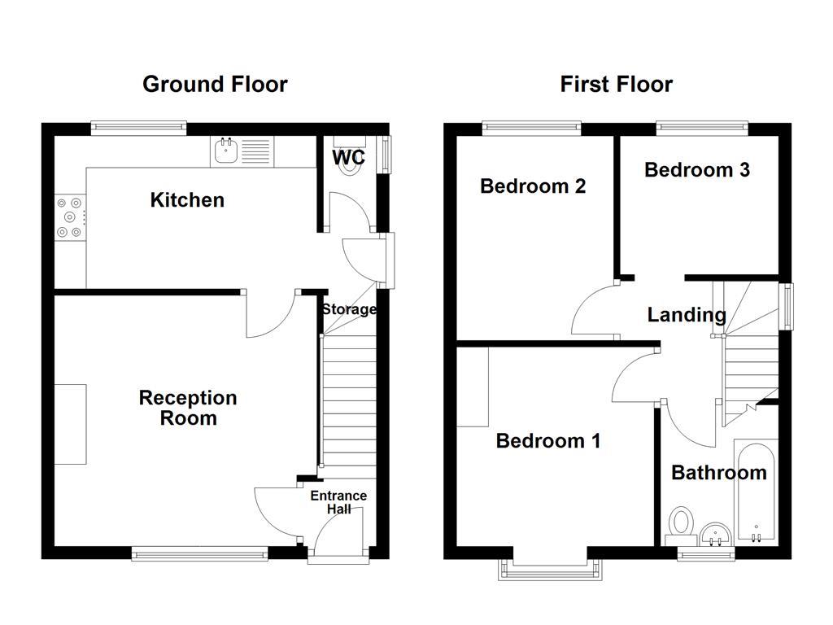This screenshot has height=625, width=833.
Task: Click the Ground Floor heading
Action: tap(215, 84)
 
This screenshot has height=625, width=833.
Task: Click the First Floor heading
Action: tap(616, 84)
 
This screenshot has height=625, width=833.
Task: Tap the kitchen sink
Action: tap(225, 151)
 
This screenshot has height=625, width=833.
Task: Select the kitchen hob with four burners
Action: tap(68, 217)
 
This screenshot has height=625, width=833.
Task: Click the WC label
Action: tap(348, 158)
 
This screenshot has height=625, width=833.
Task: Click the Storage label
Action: tap(348, 309)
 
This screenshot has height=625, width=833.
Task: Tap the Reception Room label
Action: tap(188, 408)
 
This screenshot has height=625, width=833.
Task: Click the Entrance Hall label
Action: tap(338, 502)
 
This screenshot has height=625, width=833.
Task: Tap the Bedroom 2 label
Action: tap(533, 186)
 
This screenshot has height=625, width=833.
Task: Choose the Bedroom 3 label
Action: tap(696, 169)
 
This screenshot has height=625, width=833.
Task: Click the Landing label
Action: tap(687, 315)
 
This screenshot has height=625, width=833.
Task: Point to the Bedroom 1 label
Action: tap(548, 441)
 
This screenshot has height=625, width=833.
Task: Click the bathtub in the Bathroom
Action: tap(756, 492)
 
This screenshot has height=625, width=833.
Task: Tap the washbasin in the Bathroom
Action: tap(715, 533)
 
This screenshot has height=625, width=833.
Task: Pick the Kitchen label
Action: tap(187, 200)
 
